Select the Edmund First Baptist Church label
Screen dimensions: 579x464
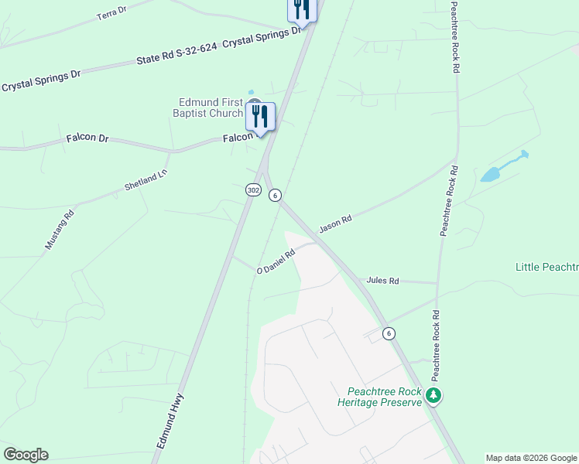pos(211,107)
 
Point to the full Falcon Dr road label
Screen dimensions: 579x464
pos(87,138)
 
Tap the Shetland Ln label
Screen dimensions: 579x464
pos(146,181)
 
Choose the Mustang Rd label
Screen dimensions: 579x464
pos(60,229)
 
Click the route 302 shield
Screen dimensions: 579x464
pos(253,189)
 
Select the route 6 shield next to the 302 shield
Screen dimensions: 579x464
pos(275,196)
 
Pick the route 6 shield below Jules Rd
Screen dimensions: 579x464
pos(389,333)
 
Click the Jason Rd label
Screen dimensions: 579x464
pos(336,223)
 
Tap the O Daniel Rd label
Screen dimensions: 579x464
pos(276,261)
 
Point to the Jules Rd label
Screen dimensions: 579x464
pos(382,281)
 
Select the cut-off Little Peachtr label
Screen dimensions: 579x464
pos(546,267)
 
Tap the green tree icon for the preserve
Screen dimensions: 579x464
pos(434,397)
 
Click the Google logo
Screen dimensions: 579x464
pos(26,455)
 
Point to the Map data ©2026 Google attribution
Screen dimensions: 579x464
pos(531,458)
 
